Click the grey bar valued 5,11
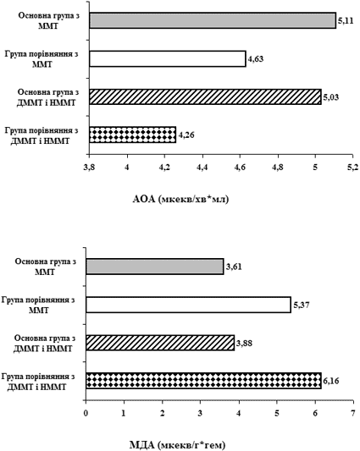[x=213, y=20]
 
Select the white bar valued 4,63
[x=168, y=58]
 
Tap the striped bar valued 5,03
[x=205, y=97]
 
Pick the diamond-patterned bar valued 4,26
[x=132, y=135]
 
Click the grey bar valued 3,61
[x=155, y=267]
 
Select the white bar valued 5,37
[x=188, y=305]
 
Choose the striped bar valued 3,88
[x=160, y=343]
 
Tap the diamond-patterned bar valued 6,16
[x=203, y=381]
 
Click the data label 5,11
[x=346, y=21]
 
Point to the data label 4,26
[x=186, y=135]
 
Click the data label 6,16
[x=331, y=381]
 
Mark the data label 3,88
[x=244, y=343]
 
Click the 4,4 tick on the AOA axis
[x=202, y=167]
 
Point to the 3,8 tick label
[x=89, y=167]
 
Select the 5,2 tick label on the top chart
[x=353, y=167]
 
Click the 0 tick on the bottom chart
[x=86, y=413]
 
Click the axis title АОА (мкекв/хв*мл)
[x=181, y=199]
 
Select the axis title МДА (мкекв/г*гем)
[x=176, y=445]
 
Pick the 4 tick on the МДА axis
[x=239, y=413]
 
